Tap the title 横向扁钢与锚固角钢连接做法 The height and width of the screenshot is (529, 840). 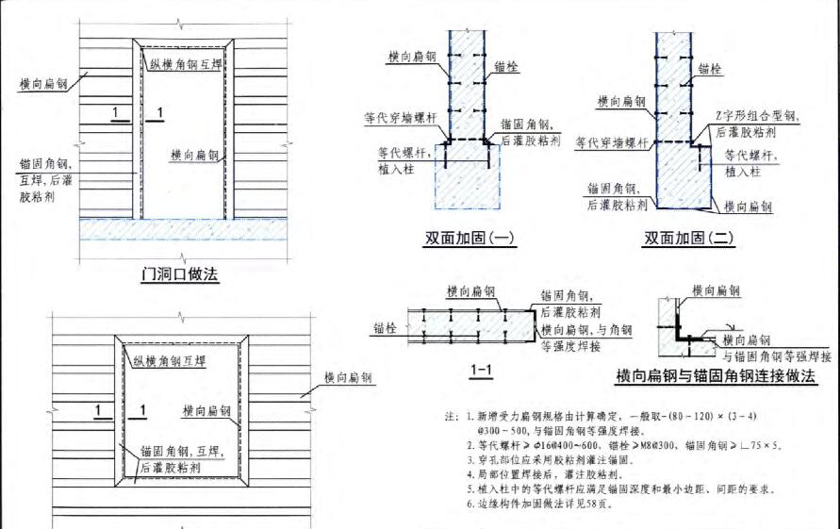click(x=715, y=376)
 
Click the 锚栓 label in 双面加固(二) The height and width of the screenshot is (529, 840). click(x=710, y=69)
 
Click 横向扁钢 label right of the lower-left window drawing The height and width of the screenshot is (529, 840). click(x=348, y=377)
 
